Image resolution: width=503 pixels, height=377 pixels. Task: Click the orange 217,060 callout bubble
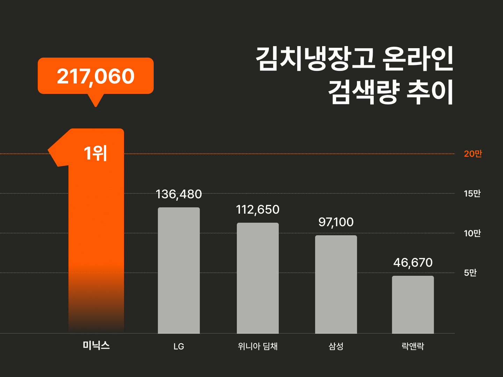point(96,76)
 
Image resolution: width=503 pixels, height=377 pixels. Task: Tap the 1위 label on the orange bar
point(95,153)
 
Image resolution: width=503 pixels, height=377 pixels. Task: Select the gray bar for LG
point(179,271)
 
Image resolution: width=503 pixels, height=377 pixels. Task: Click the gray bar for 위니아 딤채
point(258,278)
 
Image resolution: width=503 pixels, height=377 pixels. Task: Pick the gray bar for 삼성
point(336,284)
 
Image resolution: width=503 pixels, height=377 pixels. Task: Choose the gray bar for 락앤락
point(413,305)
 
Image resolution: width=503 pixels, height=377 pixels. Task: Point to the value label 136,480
point(178,194)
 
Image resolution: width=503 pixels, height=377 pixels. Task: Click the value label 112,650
point(258,209)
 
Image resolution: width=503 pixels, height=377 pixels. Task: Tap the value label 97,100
point(336,222)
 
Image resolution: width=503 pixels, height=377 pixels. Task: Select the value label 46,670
point(413,263)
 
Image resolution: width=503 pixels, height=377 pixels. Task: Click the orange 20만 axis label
point(473,154)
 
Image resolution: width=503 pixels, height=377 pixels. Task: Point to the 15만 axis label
point(472,193)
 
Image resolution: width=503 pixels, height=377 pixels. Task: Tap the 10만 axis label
point(472,233)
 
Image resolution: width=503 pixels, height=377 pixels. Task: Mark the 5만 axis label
point(470,273)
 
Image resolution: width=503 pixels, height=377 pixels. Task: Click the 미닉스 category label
point(96,346)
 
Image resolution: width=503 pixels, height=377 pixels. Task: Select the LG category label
point(179,346)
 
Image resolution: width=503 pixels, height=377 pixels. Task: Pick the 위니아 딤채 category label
point(258,346)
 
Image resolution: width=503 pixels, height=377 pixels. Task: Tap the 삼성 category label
point(336,346)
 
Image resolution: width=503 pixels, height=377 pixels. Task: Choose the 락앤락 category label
point(413,346)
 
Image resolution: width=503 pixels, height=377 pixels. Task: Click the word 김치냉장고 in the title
point(316,59)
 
